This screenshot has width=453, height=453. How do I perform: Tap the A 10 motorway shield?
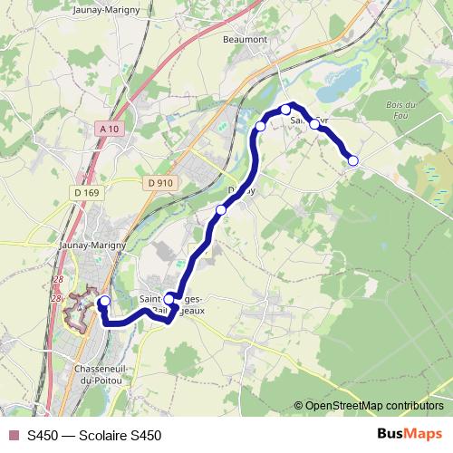(x=110, y=130)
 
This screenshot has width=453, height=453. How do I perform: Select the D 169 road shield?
(x=87, y=192)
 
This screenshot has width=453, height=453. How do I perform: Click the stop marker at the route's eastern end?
(x=353, y=160)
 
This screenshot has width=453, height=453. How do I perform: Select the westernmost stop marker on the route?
(x=104, y=301)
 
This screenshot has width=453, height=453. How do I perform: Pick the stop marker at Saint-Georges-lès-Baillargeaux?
(x=169, y=298)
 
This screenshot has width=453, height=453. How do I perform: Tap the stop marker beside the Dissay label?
(x=221, y=210)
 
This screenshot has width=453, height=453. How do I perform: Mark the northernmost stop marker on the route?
(x=285, y=110)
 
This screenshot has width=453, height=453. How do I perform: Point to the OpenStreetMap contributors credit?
(x=373, y=405)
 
